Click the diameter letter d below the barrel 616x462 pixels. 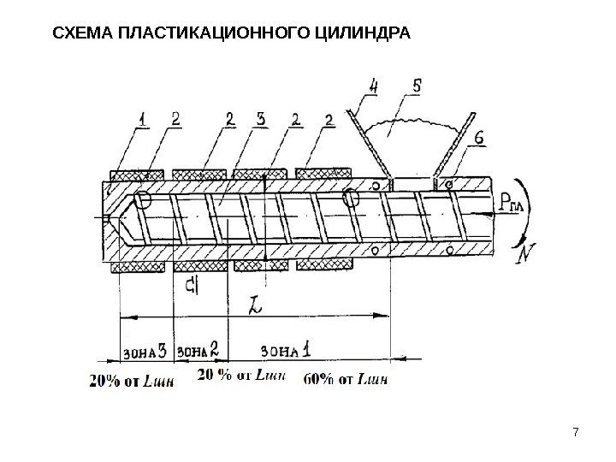[197, 283]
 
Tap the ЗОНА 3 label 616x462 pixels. [144, 350]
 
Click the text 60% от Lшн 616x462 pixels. [350, 377]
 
